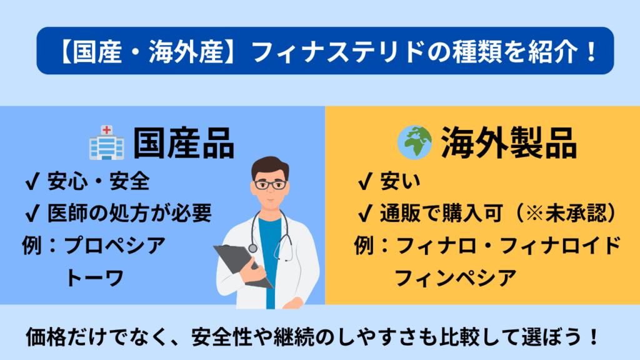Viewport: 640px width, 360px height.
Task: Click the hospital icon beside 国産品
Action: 106,142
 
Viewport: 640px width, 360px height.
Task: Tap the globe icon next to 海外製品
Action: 415,142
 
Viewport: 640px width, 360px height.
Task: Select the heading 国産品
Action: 184,143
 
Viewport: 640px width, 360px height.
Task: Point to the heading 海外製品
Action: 509,143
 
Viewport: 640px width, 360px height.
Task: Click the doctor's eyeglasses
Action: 270,184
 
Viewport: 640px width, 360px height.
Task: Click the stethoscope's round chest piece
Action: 253,247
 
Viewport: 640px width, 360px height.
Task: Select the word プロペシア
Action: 115,245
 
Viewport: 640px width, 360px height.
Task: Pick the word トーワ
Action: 95,278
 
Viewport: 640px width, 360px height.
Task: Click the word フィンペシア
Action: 456,278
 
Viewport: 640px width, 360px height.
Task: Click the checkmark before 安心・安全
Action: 32,181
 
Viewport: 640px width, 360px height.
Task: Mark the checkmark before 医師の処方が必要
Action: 32,213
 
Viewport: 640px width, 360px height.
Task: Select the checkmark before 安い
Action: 365,181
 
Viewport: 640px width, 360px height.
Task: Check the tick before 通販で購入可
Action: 365,213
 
